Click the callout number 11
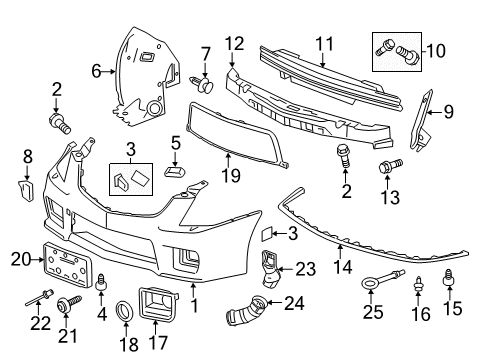click(325, 43)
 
